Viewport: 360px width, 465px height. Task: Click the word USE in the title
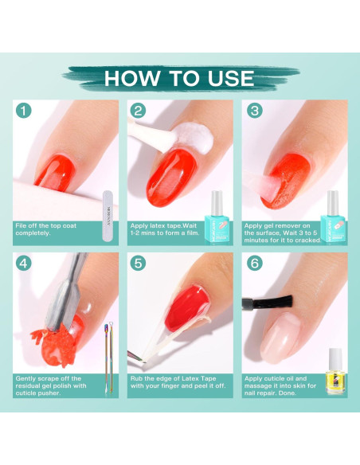230,78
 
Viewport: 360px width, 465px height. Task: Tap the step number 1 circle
23,111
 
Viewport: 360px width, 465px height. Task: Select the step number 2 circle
138,111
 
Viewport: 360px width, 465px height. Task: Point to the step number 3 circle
255,111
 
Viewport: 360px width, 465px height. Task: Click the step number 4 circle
23,263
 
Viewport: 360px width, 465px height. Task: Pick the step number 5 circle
138,263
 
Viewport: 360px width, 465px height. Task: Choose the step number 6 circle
255,263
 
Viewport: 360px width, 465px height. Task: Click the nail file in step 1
108,216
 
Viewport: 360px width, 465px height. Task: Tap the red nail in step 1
56,173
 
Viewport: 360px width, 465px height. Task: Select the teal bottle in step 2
217,218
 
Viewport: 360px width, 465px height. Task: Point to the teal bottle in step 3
333,218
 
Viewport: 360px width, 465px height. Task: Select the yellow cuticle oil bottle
335,372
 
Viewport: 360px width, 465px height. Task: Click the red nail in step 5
186,308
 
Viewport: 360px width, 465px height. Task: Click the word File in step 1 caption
21,225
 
